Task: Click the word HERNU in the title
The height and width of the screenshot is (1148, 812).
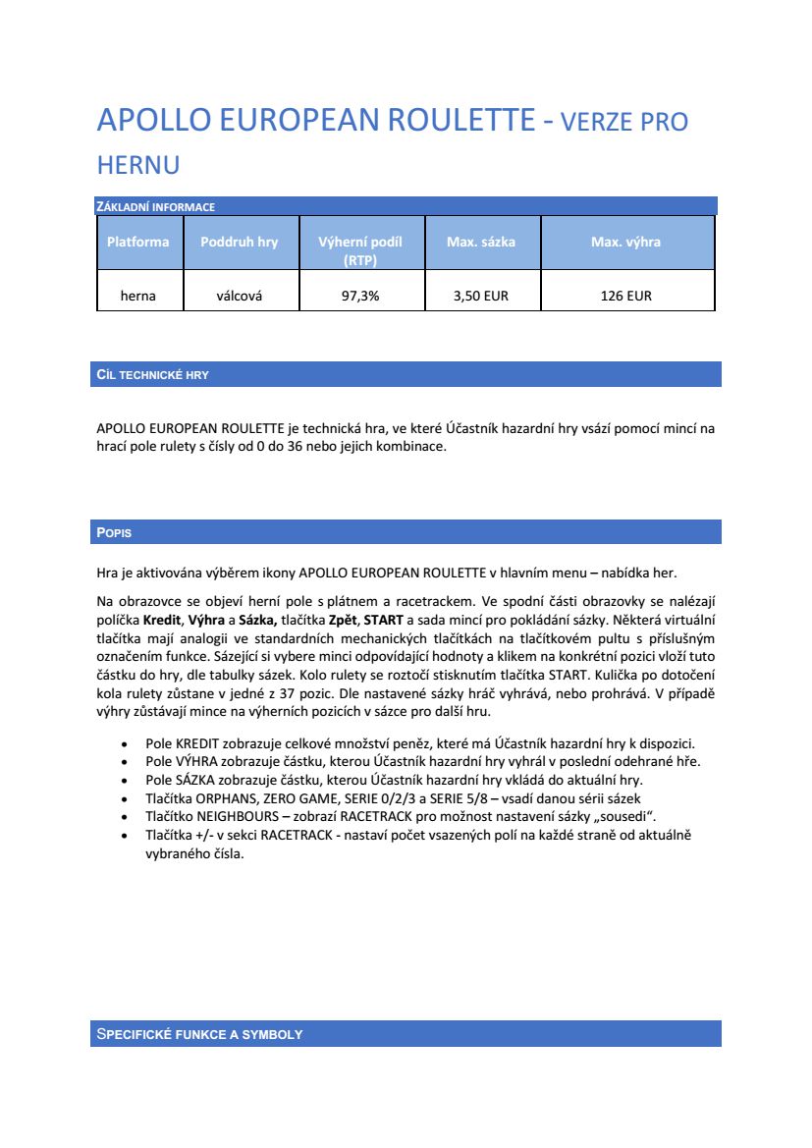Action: pyautogui.click(x=137, y=164)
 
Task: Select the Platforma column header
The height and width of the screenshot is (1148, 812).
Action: pyautogui.click(x=138, y=242)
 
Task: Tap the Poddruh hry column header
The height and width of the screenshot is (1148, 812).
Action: pyautogui.click(x=239, y=242)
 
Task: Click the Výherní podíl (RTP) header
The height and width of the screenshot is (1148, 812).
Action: pyautogui.click(x=360, y=250)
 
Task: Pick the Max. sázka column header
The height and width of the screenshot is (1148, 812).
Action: pyautogui.click(x=481, y=242)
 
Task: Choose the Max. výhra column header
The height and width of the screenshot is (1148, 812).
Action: pyautogui.click(x=625, y=242)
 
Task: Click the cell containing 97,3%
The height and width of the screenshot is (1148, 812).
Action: pyautogui.click(x=360, y=296)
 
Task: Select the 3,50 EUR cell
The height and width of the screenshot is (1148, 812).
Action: pyautogui.click(x=481, y=296)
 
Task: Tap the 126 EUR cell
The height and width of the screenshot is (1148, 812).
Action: pyautogui.click(x=625, y=296)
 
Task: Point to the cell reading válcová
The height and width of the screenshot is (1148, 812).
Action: pyautogui.click(x=239, y=296)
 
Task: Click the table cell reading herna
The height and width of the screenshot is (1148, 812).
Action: pyautogui.click(x=138, y=296)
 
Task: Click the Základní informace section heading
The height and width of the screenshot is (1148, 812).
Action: pyautogui.click(x=155, y=206)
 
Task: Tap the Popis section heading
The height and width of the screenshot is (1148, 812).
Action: pyautogui.click(x=114, y=532)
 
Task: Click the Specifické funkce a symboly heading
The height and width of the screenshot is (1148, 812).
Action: pyautogui.click(x=199, y=1034)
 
